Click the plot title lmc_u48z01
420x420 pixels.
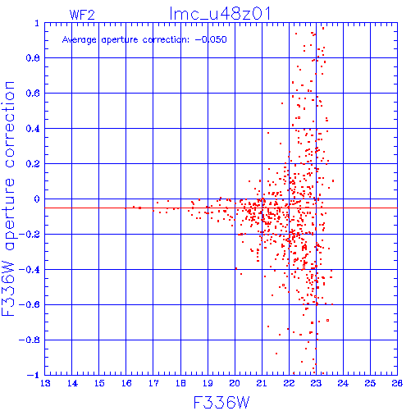(220, 14)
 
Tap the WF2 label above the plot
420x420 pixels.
(82, 15)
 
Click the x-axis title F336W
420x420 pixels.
(221, 403)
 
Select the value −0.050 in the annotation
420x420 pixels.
(211, 39)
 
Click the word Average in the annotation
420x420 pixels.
(80, 40)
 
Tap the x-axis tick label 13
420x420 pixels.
(45, 383)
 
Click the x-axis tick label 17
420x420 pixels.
(153, 383)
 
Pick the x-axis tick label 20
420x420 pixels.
(235, 383)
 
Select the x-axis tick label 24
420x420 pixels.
(343, 383)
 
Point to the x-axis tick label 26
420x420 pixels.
(397, 383)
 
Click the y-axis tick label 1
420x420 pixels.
(37, 23)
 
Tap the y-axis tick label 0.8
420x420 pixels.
(33, 58)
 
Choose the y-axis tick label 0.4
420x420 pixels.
(33, 129)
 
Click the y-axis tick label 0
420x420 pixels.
(37, 199)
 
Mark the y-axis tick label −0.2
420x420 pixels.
(30, 235)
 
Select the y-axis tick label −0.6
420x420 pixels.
(30, 304)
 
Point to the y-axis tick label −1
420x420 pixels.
(33, 375)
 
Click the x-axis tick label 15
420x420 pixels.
(99, 383)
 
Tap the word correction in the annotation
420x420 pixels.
(166, 39)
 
